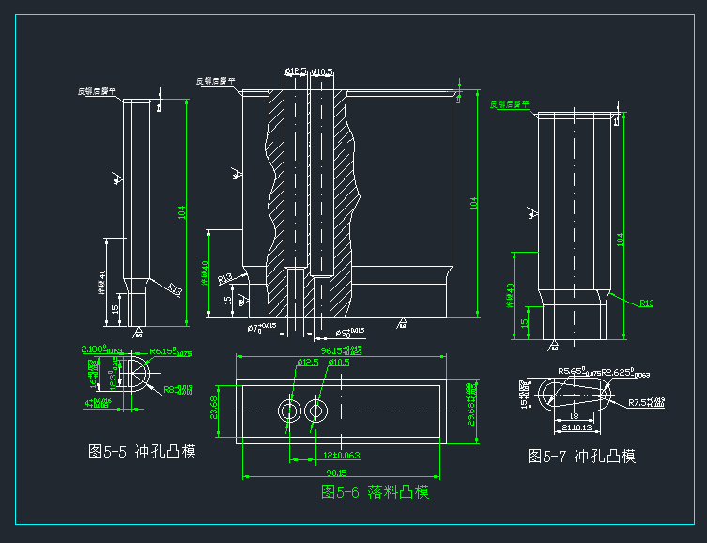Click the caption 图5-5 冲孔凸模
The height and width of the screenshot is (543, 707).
click(141, 452)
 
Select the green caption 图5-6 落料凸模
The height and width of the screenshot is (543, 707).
click(376, 491)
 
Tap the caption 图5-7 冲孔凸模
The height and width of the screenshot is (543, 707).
click(581, 457)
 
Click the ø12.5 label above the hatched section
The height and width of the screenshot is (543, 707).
click(296, 71)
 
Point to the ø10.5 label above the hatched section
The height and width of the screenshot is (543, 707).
click(323, 71)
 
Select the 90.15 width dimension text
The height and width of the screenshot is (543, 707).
click(335, 473)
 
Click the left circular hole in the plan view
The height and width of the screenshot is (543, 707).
click(288, 411)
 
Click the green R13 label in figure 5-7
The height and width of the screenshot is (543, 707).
click(646, 303)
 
